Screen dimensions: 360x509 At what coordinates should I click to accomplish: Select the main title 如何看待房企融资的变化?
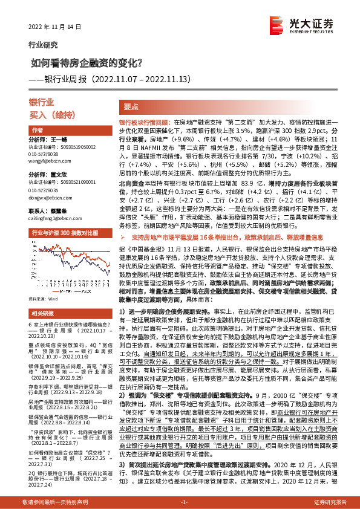tap(87, 62)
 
